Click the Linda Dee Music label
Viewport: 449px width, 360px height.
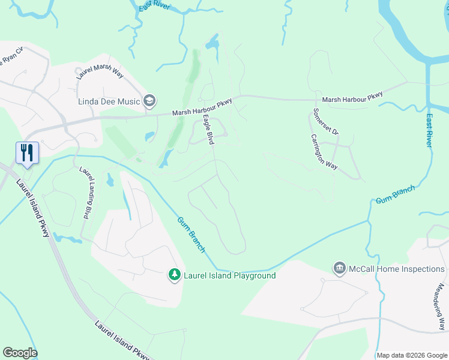click(109, 101)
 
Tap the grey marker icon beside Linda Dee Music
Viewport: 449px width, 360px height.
click(149, 101)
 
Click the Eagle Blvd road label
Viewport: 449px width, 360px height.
click(208, 129)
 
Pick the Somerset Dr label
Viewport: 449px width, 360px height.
click(326, 122)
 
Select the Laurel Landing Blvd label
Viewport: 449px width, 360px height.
click(86, 192)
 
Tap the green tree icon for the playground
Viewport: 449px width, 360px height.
click(174, 275)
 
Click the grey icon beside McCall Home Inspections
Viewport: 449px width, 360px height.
click(340, 268)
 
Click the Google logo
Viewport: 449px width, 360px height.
click(20, 353)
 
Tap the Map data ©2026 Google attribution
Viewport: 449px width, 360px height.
click(411, 355)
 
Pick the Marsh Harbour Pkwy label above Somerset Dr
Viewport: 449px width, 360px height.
click(352, 99)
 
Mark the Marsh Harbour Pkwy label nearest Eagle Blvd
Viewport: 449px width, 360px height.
click(202, 108)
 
